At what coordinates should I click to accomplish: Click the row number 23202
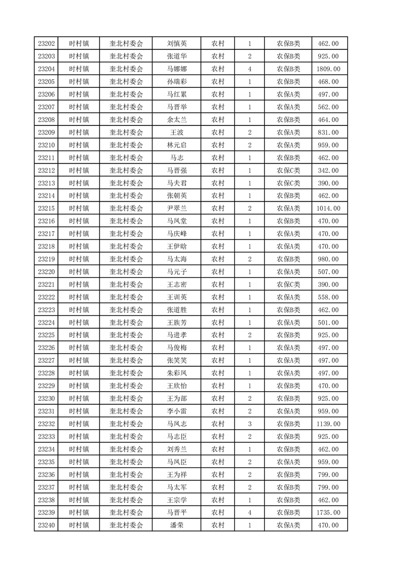pyautogui.click(x=46, y=44)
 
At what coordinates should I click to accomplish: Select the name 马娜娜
pyautogui.click(x=177, y=69)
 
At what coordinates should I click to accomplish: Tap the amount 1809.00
pyautogui.click(x=328, y=69)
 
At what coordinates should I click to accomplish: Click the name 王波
pyautogui.click(x=177, y=133)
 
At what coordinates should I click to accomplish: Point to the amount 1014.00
pyautogui.click(x=328, y=208)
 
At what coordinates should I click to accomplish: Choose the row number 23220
pyautogui.click(x=46, y=272)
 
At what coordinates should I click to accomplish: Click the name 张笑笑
pyautogui.click(x=177, y=361)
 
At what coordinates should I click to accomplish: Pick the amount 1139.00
pyautogui.click(x=328, y=424)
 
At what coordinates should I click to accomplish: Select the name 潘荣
pyautogui.click(x=177, y=525)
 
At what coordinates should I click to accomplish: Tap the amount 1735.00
pyautogui.click(x=328, y=513)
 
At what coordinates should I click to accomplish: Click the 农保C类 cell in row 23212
pyautogui.click(x=288, y=170)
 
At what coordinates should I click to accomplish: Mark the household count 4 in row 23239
pyautogui.click(x=250, y=513)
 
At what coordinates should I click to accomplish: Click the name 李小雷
pyautogui.click(x=177, y=411)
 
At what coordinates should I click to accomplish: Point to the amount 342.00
pyautogui.click(x=328, y=170)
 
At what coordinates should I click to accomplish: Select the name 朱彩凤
pyautogui.click(x=177, y=373)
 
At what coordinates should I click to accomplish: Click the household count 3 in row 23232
pyautogui.click(x=250, y=424)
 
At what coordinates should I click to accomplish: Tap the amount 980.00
pyautogui.click(x=328, y=259)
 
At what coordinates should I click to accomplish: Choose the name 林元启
pyautogui.click(x=177, y=145)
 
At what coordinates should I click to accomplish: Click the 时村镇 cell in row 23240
pyautogui.click(x=79, y=525)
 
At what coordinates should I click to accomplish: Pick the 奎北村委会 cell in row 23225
pyautogui.click(x=127, y=335)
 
